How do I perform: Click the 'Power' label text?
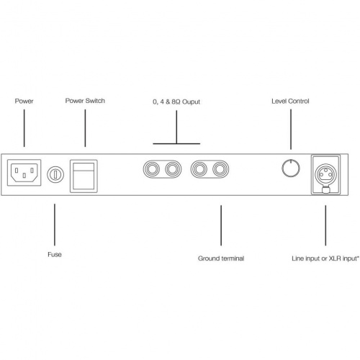[x=24, y=101]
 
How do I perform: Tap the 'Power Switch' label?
[x=85, y=101]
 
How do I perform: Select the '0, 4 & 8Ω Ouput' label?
[x=176, y=102]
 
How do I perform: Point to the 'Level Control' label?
[x=290, y=101]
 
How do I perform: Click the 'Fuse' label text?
[x=55, y=254]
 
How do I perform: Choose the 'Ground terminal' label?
[x=221, y=258]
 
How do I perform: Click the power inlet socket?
[x=24, y=173]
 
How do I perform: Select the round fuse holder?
[x=55, y=174]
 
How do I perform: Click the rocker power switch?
[x=84, y=176]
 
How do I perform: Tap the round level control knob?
[x=291, y=168]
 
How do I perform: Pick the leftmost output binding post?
[x=151, y=169]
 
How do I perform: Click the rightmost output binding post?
[x=220, y=169]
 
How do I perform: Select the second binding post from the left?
[x=173, y=169]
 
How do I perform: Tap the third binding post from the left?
[x=199, y=169]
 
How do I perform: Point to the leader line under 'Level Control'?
[x=291, y=130]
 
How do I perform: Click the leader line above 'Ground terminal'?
[x=221, y=225]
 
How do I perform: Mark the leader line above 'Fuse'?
[x=55, y=225]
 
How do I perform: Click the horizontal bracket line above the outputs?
[x=176, y=144]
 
